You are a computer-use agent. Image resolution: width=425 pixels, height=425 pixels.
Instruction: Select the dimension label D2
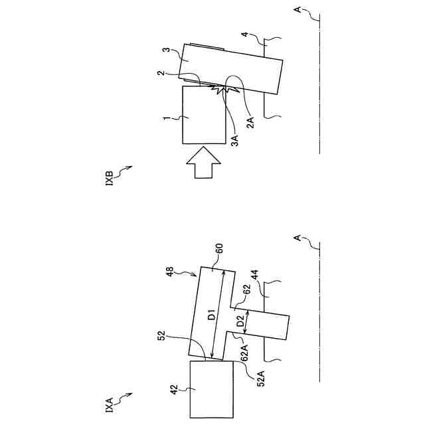pyautogui.click(x=242, y=322)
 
